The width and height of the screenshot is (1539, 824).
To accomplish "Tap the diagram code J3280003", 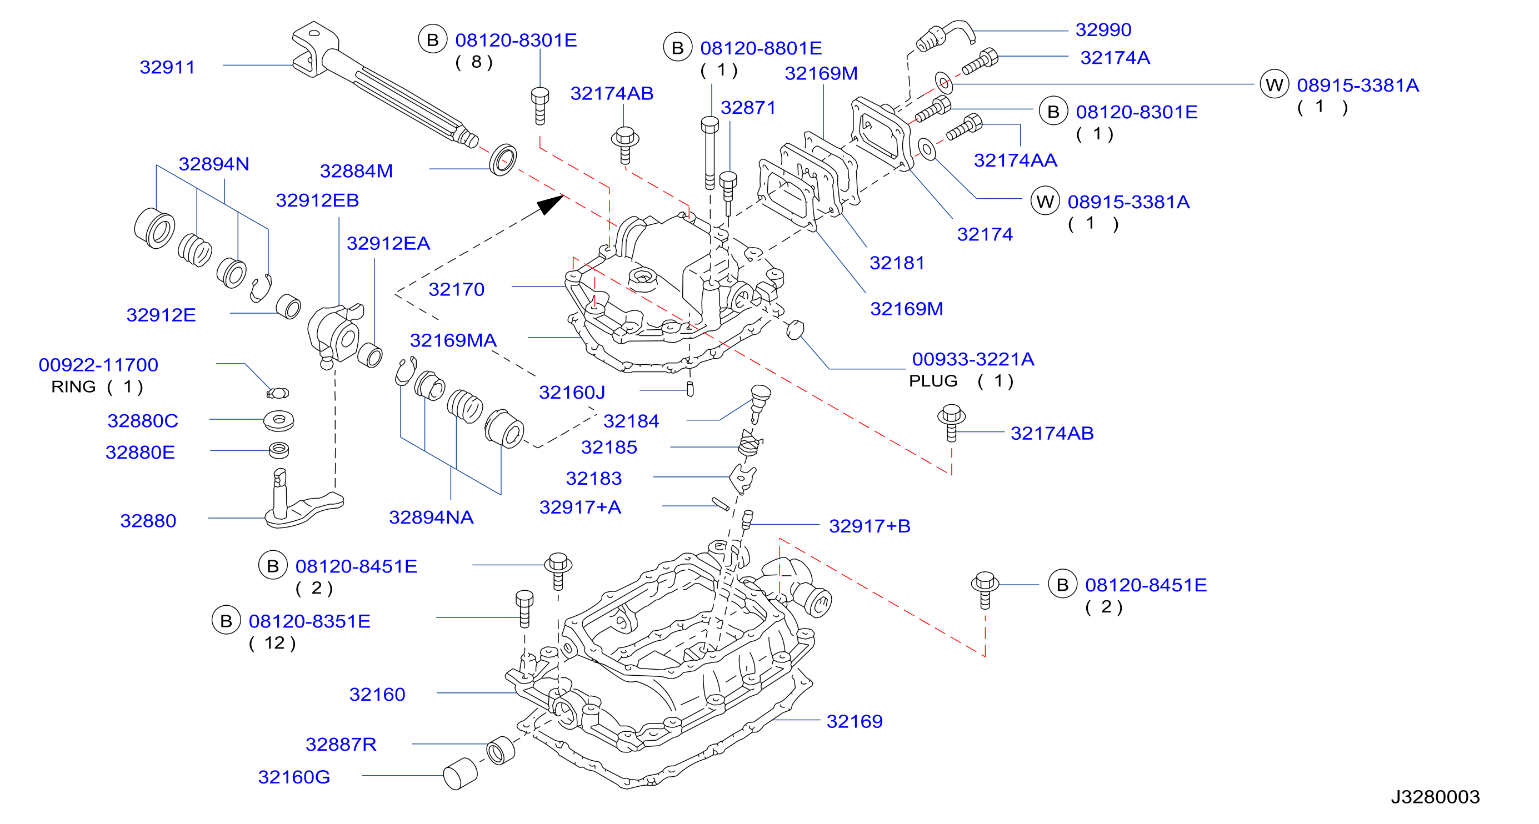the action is click(x=1435, y=797).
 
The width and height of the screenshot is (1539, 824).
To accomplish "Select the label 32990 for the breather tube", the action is click(x=1103, y=29).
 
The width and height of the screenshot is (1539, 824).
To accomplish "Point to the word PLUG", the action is click(x=933, y=381).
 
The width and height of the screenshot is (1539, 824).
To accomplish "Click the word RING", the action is click(x=73, y=387).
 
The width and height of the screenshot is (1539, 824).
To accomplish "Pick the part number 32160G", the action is click(x=294, y=777).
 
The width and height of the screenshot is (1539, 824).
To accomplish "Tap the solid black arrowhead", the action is click(x=550, y=204).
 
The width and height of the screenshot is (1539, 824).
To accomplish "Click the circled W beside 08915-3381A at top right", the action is click(x=1275, y=85).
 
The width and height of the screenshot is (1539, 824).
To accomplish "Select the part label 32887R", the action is click(x=341, y=744).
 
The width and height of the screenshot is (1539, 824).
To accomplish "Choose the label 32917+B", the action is click(x=870, y=526).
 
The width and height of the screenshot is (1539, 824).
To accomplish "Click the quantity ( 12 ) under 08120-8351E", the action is click(x=272, y=643).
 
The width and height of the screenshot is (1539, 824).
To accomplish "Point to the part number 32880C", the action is click(x=143, y=421).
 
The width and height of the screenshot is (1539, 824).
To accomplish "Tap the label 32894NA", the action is click(x=431, y=517).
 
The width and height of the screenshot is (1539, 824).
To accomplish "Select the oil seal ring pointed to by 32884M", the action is click(x=503, y=160).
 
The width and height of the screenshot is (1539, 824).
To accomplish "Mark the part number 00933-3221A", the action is click(x=973, y=359).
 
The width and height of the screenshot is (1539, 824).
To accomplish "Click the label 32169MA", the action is click(x=453, y=340).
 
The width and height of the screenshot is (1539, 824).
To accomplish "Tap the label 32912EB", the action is click(x=317, y=200).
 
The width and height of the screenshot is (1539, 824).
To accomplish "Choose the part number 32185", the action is click(x=609, y=447).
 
